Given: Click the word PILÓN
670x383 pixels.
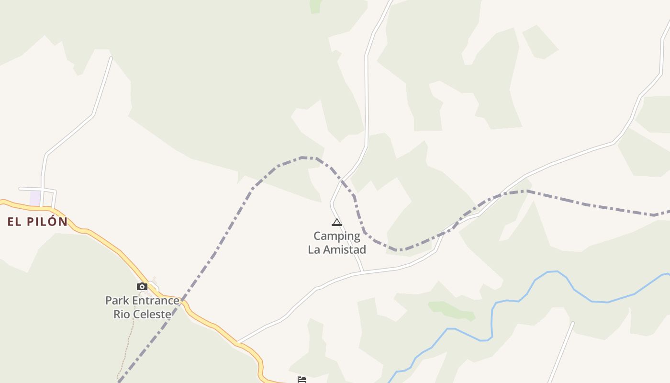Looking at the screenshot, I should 45,222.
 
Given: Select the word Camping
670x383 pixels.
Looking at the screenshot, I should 337,236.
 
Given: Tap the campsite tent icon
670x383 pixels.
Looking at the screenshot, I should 337,222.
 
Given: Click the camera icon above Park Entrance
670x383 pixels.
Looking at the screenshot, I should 142,286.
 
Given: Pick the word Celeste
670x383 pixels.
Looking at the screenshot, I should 153,315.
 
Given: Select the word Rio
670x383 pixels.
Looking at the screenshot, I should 122,315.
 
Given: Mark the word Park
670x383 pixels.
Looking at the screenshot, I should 117,301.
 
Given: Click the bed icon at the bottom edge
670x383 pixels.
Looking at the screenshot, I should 302,380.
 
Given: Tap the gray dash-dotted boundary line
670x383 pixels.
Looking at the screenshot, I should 230,225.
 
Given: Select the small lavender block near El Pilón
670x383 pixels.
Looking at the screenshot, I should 35,198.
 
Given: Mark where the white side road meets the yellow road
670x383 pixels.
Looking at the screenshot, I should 238,343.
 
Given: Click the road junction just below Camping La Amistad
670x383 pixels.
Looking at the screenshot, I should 363,272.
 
